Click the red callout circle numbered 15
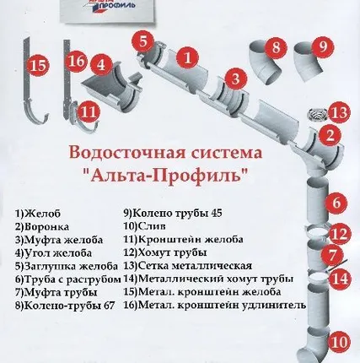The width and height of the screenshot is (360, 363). (x=37, y=64)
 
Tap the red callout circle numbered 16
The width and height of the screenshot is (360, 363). (x=76, y=62)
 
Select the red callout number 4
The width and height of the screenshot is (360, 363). (x=100, y=64)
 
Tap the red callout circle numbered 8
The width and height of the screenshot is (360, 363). (x=277, y=48)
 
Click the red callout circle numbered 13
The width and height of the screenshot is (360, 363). (x=337, y=112)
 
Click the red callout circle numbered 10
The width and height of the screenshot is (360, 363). (x=338, y=342)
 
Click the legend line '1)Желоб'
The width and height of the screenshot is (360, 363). (x=37, y=214)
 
